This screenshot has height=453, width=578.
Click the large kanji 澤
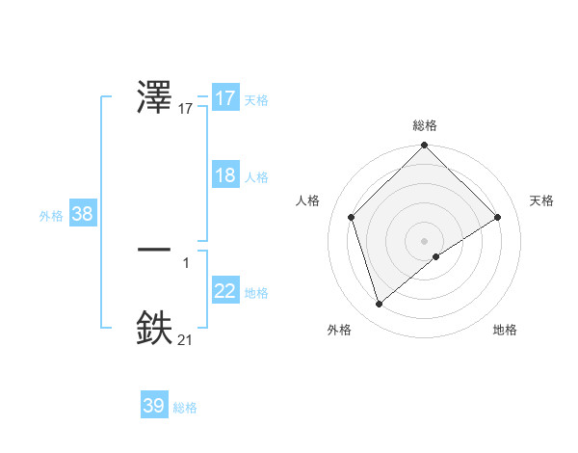coord(155,96)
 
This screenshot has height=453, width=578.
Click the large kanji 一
coord(155,249)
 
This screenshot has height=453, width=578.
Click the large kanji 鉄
coord(155,326)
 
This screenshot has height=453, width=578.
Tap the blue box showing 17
coord(225,98)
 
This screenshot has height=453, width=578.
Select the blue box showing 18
coord(225,175)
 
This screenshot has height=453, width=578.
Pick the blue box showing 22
coord(225,291)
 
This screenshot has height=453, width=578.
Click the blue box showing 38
coord(82,214)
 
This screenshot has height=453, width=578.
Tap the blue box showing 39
coord(154,406)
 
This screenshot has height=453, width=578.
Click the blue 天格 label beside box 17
coord(256,100)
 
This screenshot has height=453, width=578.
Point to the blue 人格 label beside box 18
coord(256,177)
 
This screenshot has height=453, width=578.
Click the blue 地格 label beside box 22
coord(256,293)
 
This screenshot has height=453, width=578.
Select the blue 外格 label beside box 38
coord(50,216)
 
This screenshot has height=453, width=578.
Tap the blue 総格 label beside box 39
coord(185,408)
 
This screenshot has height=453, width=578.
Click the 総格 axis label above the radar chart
coord(425,125)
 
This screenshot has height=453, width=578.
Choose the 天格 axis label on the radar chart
coord(541,200)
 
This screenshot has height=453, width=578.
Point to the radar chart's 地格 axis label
coord(505,330)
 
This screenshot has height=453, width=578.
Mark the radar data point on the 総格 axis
coord(425,146)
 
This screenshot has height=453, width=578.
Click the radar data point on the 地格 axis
coord(436,255)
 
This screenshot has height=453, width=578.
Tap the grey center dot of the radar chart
coord(425,240)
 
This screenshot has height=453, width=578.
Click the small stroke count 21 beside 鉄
coord(185,339)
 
